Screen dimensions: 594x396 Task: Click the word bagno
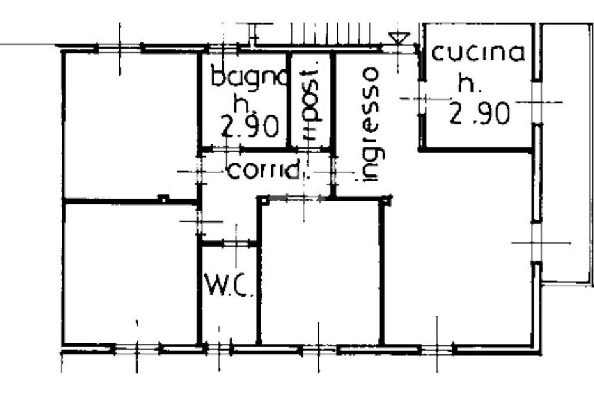(249, 77)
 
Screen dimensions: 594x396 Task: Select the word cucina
(479, 53)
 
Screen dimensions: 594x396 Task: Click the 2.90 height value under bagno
(251, 126)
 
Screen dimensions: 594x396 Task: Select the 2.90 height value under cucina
(480, 114)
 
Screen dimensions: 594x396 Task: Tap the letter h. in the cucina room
(468, 84)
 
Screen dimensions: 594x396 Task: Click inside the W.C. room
(229, 314)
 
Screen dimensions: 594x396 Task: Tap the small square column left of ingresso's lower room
(263, 201)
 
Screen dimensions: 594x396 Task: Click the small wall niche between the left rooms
(164, 199)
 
